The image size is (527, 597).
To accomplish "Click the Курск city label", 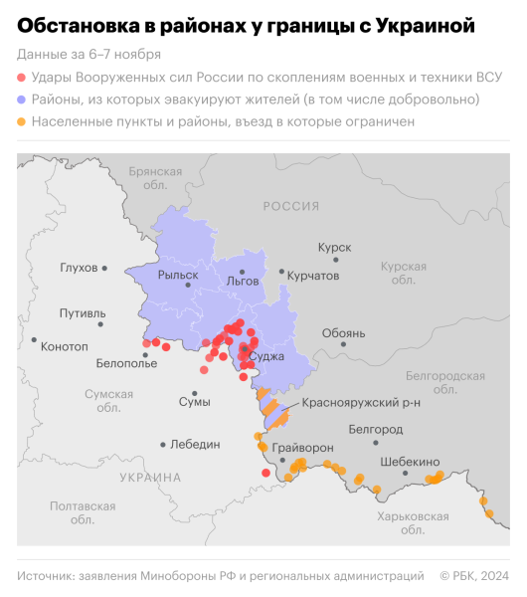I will tap(334, 246).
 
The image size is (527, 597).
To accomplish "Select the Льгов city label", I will tap(243, 282).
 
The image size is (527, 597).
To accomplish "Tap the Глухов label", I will tap(79, 268).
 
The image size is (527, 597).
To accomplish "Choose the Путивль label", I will tap(82, 313).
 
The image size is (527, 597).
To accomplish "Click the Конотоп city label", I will tap(66, 345).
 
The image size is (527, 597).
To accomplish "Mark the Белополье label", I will tap(126, 364).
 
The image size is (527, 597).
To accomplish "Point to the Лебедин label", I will tap(195, 445).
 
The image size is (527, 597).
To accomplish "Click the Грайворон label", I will tap(302, 448).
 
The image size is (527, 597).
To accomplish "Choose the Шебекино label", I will tap(409, 462).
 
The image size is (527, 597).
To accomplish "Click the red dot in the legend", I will tap(22, 77).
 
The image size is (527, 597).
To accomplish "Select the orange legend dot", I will tap(22, 121).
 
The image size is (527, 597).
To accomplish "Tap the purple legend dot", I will tap(22, 99).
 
